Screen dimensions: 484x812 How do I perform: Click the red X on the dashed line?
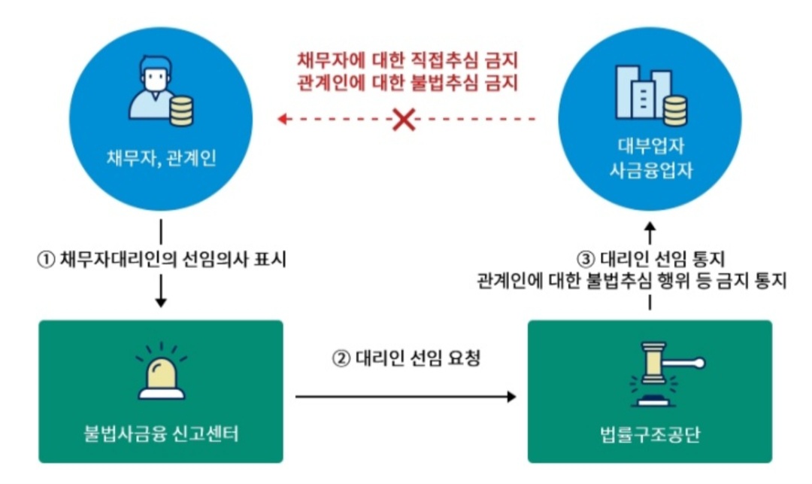tap(404, 119)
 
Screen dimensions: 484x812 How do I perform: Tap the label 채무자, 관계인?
tap(161, 160)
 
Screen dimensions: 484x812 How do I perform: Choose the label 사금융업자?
tap(650, 172)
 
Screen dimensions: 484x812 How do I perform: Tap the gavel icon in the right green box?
tap(650, 373)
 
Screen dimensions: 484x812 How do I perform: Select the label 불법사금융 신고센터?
tap(161, 434)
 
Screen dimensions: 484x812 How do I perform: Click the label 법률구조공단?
tap(651, 434)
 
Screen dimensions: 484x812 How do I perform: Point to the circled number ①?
tap(46, 260)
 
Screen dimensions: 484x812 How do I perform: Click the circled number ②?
tap(340, 358)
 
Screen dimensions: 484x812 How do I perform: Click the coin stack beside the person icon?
tap(181, 111)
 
